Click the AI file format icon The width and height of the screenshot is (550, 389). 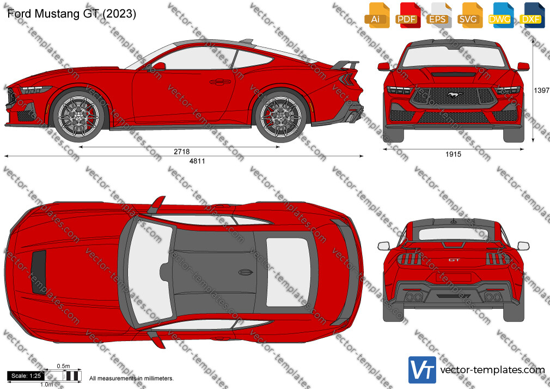pos(377,15)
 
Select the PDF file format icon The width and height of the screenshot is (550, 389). pos(408,15)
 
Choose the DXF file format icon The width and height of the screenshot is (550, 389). pos(532,15)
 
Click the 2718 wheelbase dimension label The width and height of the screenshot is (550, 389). pos(182,151)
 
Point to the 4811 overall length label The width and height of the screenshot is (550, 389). pos(197,161)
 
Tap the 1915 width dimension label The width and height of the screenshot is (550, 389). pos(453,154)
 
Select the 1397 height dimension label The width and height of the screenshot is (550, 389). pos(541,90)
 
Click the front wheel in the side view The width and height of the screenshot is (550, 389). pos(78,116)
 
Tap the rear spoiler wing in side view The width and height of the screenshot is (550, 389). pos(345,65)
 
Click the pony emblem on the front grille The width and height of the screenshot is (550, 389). pos(453,94)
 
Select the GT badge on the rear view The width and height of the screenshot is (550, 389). pos(454,260)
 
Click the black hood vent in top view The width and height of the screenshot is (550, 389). pos(39,272)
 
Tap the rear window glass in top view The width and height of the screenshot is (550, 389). pos(288,272)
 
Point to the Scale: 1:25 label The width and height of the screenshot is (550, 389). pos(26,376)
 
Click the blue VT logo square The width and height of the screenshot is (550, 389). pos(423,370)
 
